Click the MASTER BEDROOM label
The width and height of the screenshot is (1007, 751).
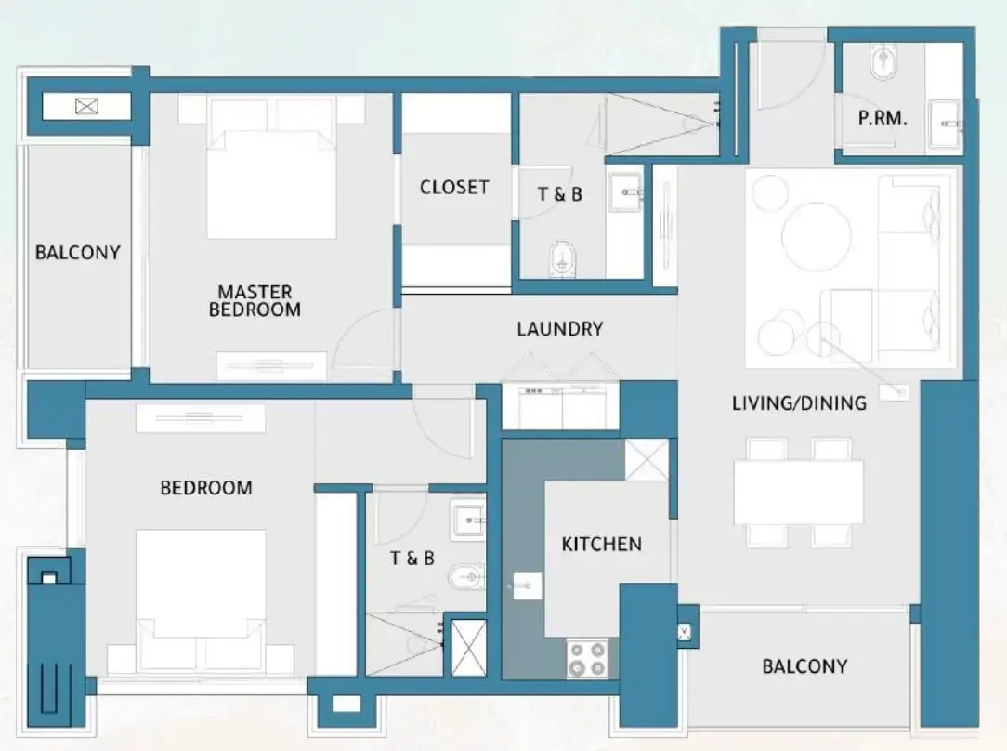point(255,300)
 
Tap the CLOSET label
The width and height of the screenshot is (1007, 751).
point(454,187)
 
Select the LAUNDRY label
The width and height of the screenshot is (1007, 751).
point(559,328)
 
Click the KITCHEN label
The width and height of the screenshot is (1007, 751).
point(601,544)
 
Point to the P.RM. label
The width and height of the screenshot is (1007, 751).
point(882,119)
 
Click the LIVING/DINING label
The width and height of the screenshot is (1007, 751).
point(799,402)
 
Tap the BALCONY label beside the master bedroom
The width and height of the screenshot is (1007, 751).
point(78,252)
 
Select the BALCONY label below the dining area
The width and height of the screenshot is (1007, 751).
point(804,665)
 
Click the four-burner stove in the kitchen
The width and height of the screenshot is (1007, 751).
point(587,658)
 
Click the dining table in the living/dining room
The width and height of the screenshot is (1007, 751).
point(798,492)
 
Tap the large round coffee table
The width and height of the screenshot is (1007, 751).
point(816,236)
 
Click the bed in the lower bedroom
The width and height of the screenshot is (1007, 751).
point(200,595)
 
